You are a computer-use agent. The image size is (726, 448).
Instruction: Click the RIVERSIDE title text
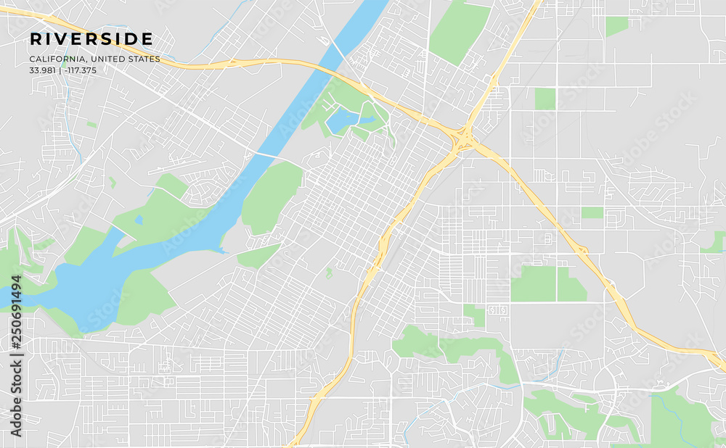(x=91, y=39)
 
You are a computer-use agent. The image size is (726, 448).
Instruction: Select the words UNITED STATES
(x=129, y=59)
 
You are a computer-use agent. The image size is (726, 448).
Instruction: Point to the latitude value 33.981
(x=43, y=70)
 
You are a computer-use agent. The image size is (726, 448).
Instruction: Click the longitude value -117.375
(x=80, y=70)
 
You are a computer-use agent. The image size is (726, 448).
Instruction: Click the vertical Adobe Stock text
(x=16, y=402)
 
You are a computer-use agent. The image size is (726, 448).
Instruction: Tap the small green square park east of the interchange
(x=545, y=99)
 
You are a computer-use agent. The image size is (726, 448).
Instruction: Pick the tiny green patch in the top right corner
(x=616, y=25)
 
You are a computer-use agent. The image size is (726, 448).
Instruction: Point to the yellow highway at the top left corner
(x=22, y=12)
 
